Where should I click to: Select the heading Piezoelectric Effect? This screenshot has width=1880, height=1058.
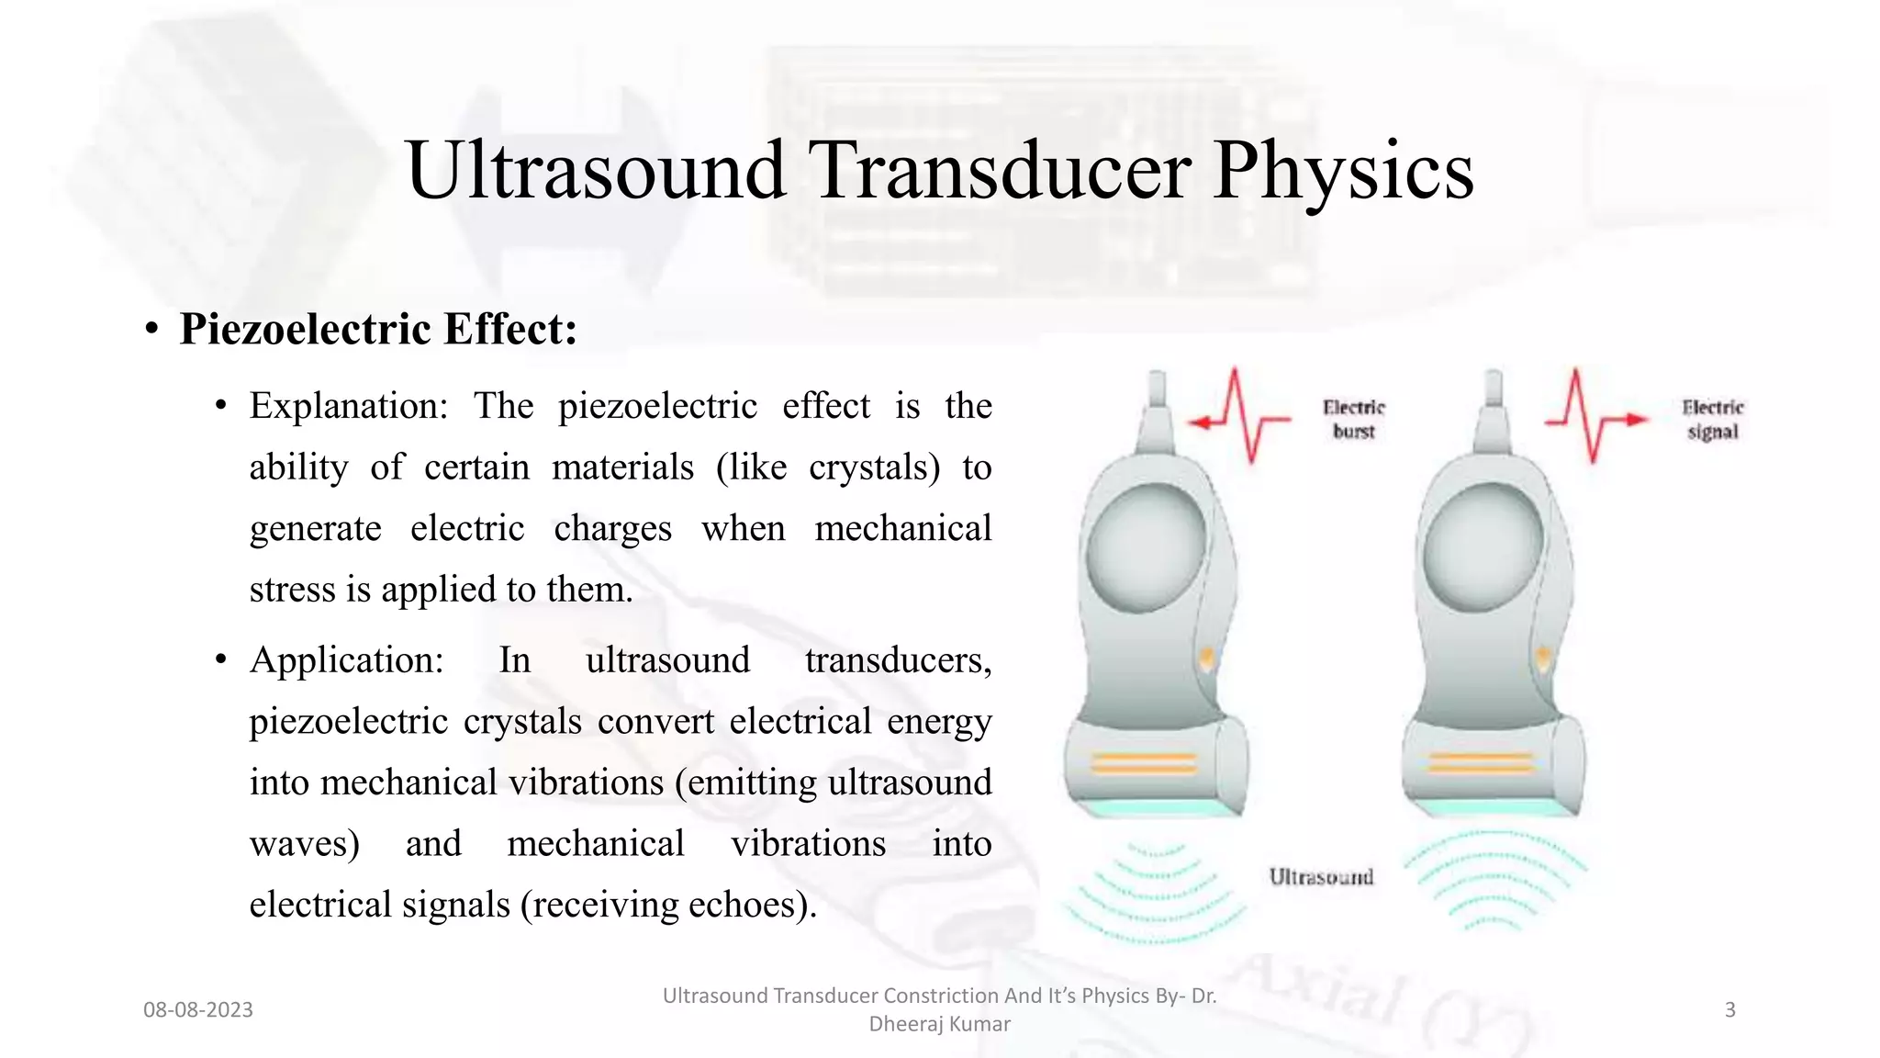coord(377,329)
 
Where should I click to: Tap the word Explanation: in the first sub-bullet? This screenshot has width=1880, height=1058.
coord(348,406)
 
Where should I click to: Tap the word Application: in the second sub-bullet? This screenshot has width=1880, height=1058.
coord(346,660)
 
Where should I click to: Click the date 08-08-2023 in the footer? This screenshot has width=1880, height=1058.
coord(197,1010)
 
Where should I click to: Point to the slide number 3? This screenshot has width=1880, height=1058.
coord(1729,1010)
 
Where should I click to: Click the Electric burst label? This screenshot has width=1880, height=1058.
coord(1353,419)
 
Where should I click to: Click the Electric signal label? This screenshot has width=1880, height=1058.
coord(1712,419)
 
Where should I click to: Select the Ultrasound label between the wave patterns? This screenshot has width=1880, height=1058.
coord(1321,877)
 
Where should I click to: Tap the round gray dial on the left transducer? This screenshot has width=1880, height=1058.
coord(1145,548)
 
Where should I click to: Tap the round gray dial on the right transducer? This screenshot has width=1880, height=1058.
coord(1483,548)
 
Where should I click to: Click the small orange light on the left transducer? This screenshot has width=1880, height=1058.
coord(1206,658)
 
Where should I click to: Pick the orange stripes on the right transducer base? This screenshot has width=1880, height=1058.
coord(1480,762)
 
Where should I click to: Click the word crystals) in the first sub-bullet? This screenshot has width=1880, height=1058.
coord(874,467)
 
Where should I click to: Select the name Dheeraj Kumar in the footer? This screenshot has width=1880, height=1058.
coord(939,1024)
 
